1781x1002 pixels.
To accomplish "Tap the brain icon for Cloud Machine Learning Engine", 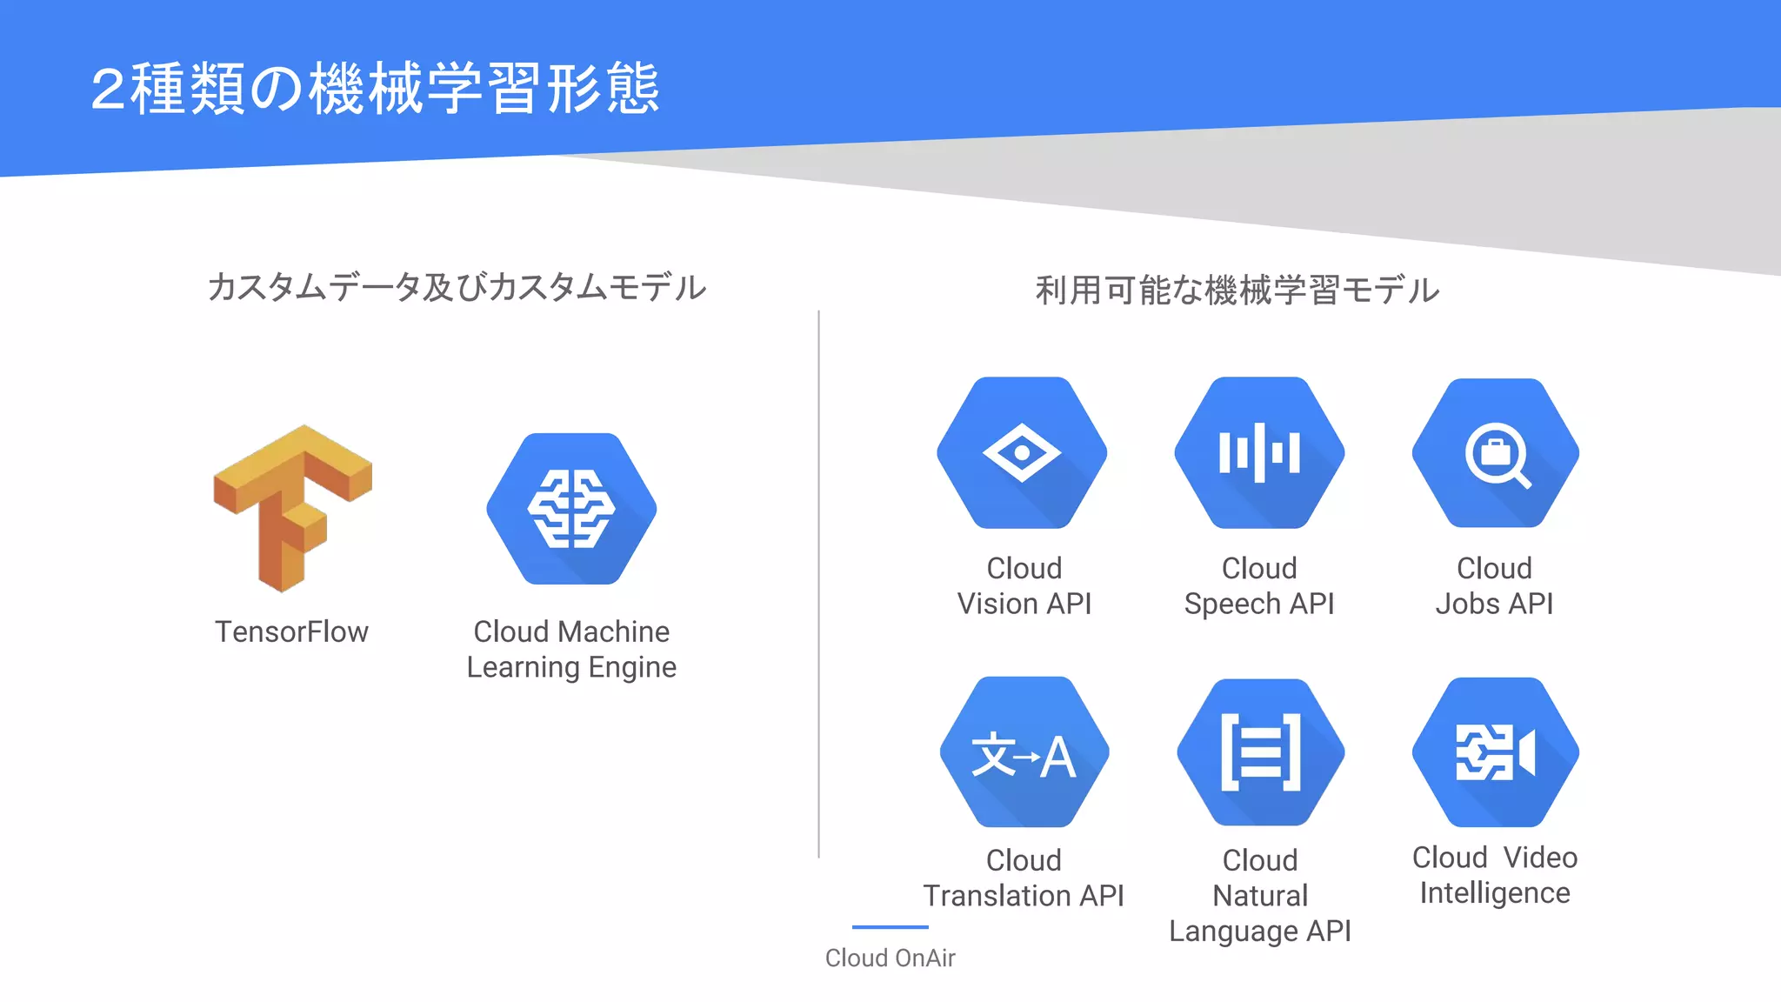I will (571, 509).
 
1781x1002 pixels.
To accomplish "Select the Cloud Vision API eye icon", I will (1022, 452).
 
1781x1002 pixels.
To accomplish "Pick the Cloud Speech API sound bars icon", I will (1259, 452).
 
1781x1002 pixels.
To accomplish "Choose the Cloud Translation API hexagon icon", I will (1024, 752).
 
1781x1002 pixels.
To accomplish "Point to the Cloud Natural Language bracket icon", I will (1260, 752).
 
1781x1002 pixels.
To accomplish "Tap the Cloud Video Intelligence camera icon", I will (1496, 752).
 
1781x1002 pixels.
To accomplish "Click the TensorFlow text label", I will (291, 631).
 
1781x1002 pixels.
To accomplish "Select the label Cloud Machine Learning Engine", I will (571, 649).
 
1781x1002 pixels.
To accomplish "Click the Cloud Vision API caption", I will (1024, 585).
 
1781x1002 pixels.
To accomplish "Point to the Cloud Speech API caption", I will (1259, 585).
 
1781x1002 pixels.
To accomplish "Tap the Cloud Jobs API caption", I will (1494, 585).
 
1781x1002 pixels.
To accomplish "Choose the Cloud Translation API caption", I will (1024, 878).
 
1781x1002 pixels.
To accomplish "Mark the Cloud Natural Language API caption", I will (1260, 895).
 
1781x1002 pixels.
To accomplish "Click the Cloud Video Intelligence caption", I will (1495, 875).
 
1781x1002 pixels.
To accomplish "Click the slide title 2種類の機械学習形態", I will (375, 89).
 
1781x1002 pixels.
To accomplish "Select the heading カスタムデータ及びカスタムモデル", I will (457, 287).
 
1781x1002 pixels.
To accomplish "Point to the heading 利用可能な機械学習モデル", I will (1237, 290).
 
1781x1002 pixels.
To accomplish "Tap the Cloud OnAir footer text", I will (890, 958).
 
